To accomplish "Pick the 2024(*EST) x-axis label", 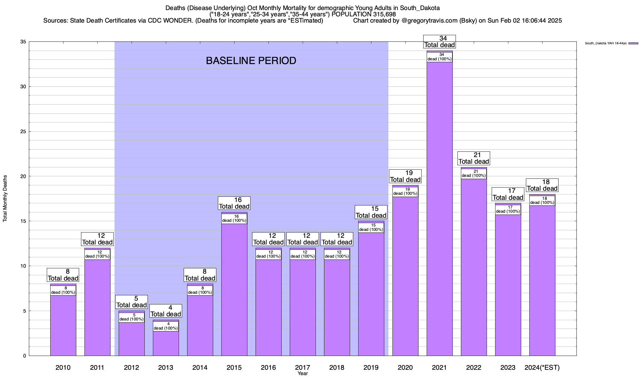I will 542,367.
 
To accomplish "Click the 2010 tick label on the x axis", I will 63,367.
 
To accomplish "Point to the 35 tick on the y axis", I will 23,42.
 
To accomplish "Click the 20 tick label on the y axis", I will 23,176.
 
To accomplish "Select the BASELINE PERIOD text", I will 251,61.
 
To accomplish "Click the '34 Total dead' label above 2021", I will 440,41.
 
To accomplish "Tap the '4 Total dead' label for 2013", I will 166,311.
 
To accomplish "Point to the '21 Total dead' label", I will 474,158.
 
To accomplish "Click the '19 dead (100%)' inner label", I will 405,192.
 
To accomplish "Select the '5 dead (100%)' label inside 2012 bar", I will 132,317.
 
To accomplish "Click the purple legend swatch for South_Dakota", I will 633,43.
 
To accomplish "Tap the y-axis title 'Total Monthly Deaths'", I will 5,199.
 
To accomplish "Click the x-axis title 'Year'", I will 303,374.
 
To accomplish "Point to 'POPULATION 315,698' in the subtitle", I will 364,14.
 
